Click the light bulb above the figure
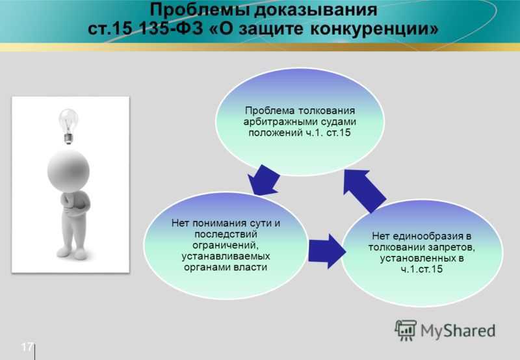coord(69,126)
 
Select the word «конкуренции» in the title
coord(374,29)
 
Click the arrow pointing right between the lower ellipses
coord(327,251)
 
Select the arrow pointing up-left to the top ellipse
coord(364,190)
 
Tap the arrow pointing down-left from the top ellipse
coord(264,181)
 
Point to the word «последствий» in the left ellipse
coord(226,235)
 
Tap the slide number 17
coord(27,347)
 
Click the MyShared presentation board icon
coord(405,330)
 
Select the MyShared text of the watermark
coord(458,331)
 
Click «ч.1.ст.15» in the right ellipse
coord(421,269)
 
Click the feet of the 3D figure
coord(71,253)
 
